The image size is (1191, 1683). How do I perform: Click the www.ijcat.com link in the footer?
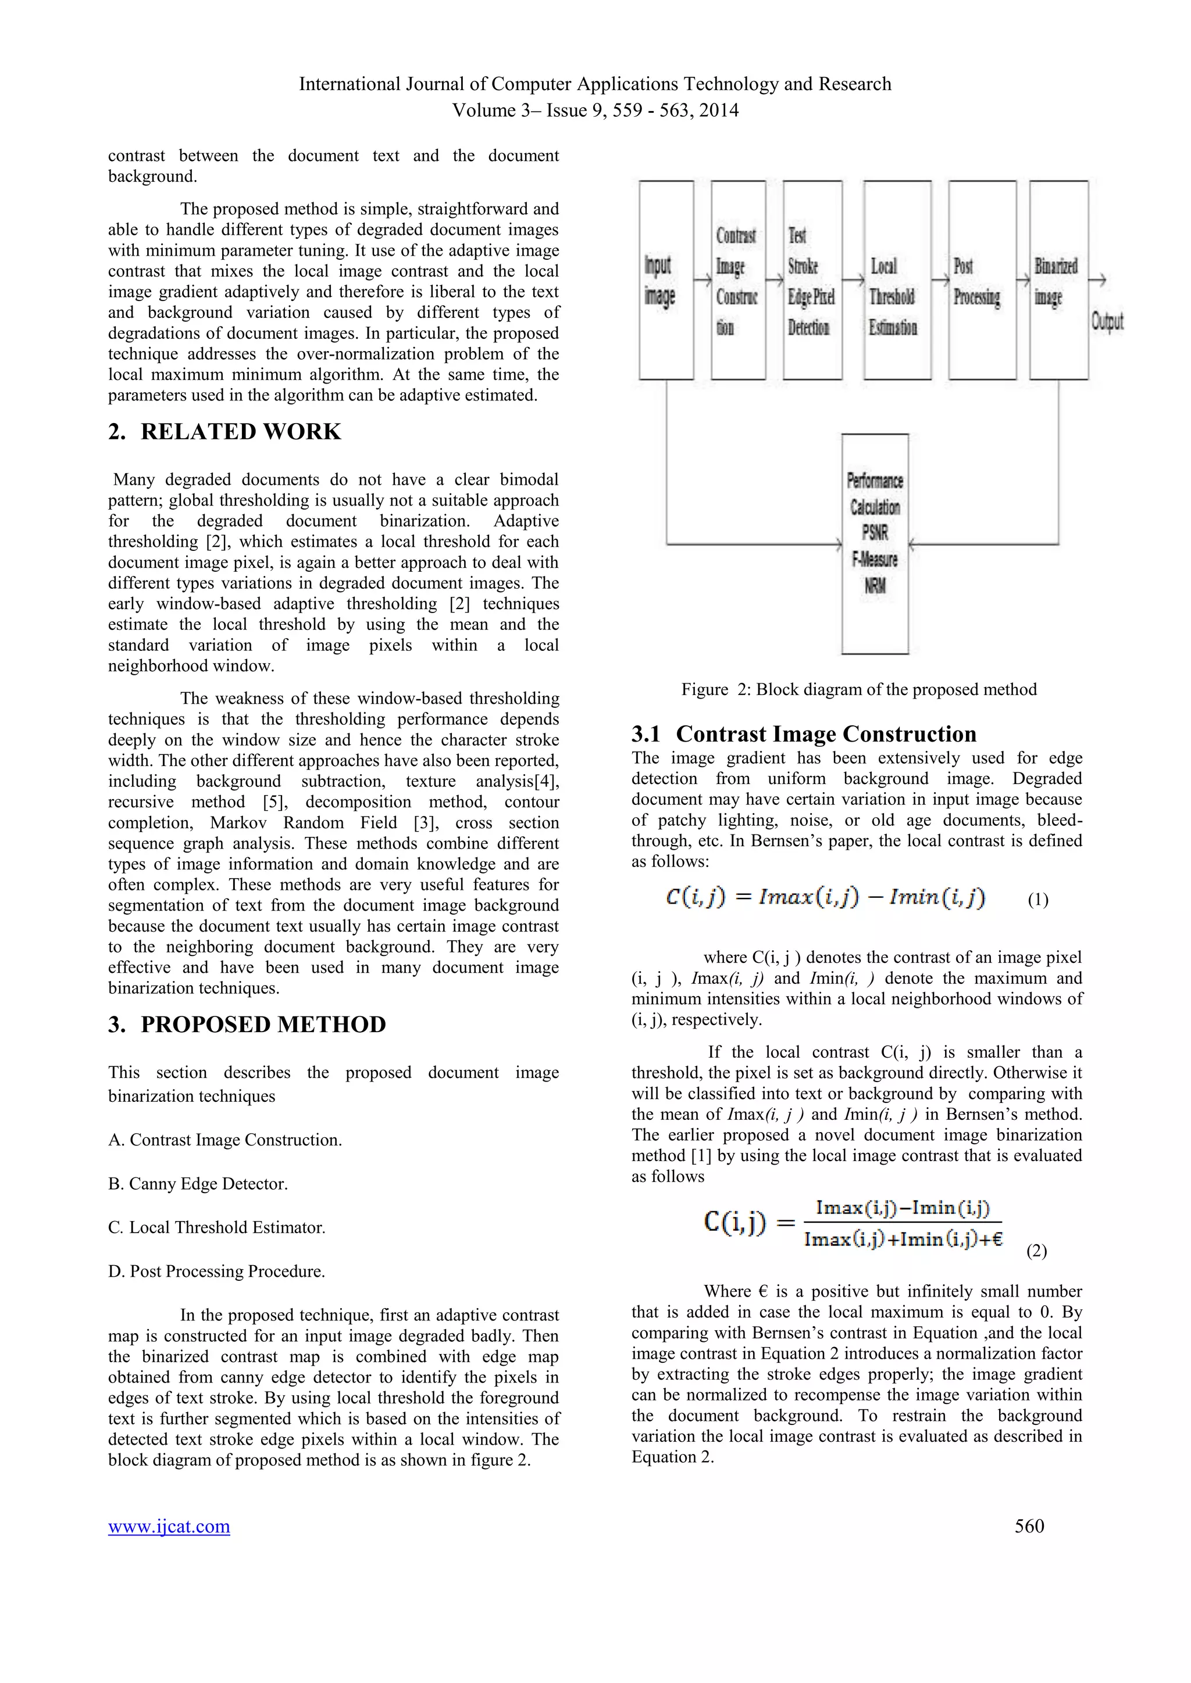169,1526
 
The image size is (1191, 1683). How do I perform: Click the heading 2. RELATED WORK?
224,432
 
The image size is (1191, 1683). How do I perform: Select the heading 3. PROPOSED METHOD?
247,1024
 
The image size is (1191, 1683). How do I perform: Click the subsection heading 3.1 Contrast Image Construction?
804,734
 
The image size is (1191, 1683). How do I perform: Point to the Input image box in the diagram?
666,280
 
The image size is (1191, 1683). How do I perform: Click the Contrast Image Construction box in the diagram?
738,280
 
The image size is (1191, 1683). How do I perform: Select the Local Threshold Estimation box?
897,280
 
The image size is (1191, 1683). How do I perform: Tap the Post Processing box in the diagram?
982,280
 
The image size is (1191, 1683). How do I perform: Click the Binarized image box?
1058,280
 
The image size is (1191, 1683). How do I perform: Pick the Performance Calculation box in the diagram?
875,543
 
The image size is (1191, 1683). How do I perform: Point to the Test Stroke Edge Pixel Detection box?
812,280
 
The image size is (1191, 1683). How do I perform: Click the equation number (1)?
1037,900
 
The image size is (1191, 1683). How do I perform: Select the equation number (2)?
1036,1251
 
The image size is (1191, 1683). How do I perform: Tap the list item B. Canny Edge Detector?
198,1184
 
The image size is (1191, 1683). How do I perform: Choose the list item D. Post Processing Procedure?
216,1271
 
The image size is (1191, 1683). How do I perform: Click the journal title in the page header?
595,84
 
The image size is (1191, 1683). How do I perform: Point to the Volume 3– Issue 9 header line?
595,110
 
